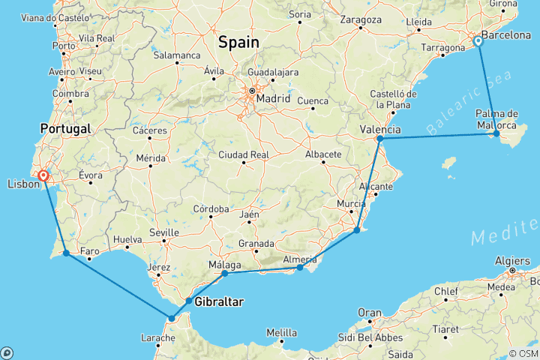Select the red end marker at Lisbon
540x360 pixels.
click(43, 175)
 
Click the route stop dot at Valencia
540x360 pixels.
click(380, 139)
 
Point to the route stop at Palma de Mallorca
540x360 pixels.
click(496, 133)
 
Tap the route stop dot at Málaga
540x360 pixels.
click(225, 274)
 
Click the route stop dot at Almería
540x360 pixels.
click(300, 268)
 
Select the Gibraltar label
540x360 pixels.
click(218, 301)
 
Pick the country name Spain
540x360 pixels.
click(238, 43)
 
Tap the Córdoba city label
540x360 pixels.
click(210, 208)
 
